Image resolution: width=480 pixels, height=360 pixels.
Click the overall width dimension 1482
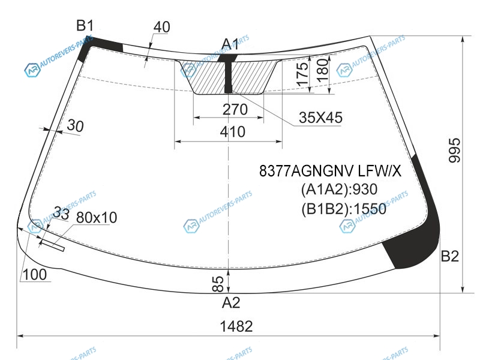click(236, 326)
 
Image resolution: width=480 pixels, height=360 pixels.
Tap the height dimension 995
click(455, 150)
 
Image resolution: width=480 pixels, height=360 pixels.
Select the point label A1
click(230, 44)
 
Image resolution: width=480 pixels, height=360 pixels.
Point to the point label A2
click(231, 303)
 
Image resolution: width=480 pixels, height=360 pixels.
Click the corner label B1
click(85, 25)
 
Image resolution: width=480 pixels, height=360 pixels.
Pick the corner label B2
click(449, 256)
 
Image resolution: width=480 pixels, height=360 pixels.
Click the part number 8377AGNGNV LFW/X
click(330, 171)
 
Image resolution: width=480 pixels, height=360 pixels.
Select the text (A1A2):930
click(339, 190)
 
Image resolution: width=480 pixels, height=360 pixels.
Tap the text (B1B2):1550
click(344, 209)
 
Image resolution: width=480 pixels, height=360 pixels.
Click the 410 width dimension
click(233, 132)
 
